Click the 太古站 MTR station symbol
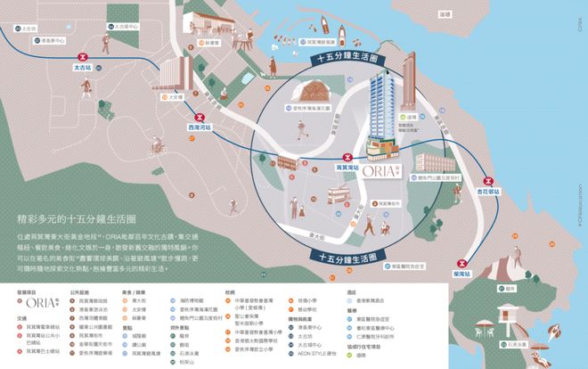86,55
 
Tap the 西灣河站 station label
201,127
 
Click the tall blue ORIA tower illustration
383,107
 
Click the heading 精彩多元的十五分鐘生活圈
77,217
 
